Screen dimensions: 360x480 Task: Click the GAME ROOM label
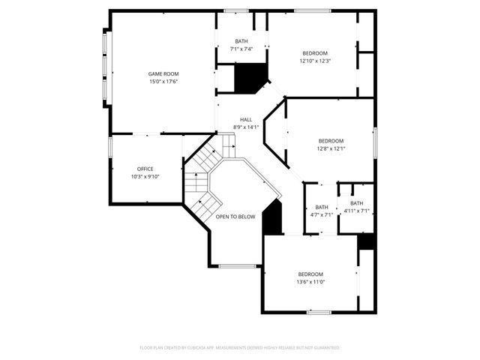point(163,73)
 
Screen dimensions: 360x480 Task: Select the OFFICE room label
point(145,169)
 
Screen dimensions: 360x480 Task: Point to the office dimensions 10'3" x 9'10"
point(145,176)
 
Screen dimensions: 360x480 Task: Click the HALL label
point(246,119)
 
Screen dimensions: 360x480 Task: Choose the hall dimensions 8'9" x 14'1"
point(246,127)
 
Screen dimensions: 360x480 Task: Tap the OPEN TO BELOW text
point(235,217)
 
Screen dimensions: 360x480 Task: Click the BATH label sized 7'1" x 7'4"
point(241,41)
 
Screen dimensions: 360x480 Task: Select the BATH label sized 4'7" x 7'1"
point(321,207)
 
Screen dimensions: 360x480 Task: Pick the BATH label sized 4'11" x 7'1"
point(356,203)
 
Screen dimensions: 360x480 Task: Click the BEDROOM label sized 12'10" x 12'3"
point(315,52)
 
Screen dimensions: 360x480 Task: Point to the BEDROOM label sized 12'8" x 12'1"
point(331,141)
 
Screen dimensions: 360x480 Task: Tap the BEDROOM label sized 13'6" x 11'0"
point(310,274)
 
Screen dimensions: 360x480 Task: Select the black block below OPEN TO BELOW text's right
point(272,219)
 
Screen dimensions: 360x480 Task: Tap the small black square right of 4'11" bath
point(366,242)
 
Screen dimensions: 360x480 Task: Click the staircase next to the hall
point(202,176)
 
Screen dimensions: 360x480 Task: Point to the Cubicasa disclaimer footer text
point(240,348)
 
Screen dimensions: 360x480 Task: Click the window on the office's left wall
point(109,147)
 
